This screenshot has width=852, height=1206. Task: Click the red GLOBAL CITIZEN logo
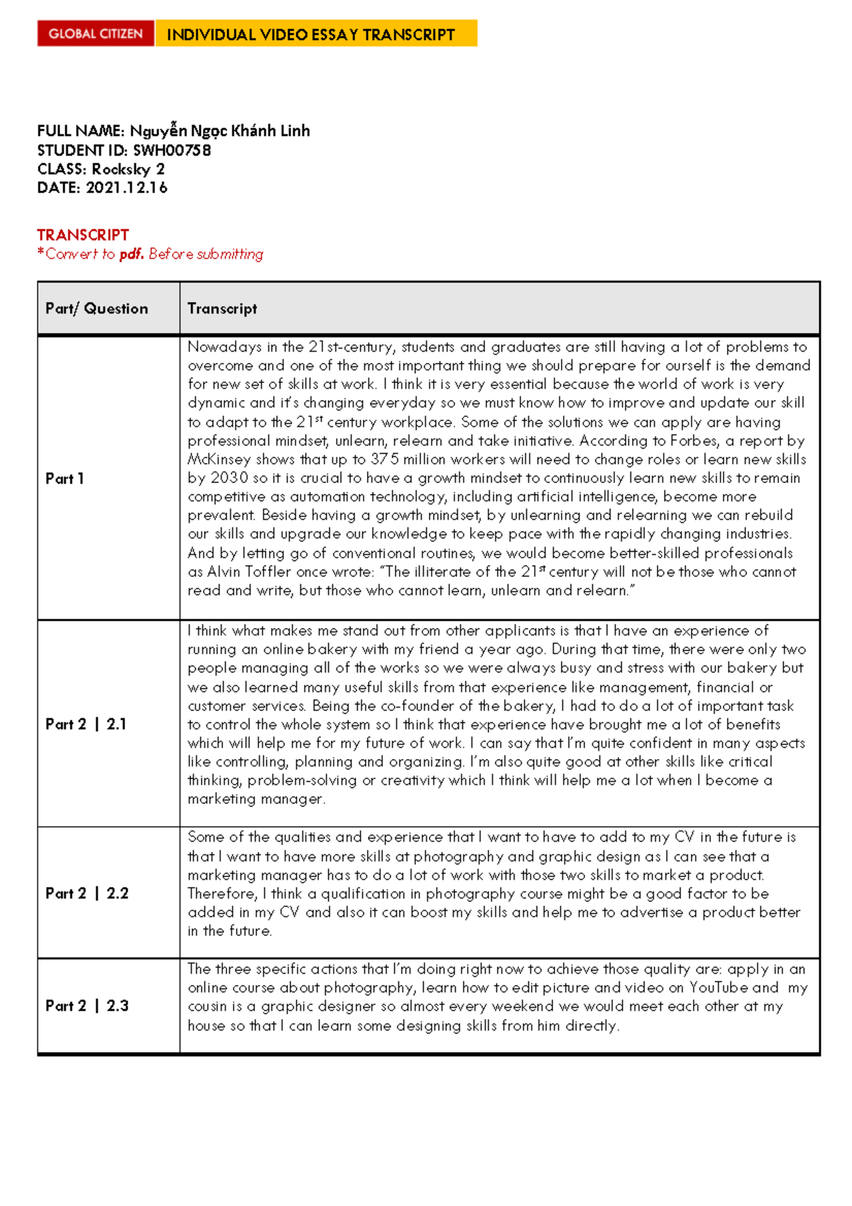[95, 34]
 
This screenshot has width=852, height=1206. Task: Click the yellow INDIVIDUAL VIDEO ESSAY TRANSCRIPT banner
[315, 34]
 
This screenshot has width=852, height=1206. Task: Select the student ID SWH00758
[172, 151]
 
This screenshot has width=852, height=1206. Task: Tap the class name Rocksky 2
[129, 169]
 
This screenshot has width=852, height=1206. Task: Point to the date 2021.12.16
[126, 188]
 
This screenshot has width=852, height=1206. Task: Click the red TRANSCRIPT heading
[83, 235]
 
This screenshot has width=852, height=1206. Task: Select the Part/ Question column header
[97, 308]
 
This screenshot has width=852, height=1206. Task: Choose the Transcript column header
[222, 308]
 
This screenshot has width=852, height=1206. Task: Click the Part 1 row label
[65, 479]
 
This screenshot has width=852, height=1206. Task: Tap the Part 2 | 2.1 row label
[86, 724]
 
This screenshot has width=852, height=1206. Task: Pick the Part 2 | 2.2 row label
[87, 893]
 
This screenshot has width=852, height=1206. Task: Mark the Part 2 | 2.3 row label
[87, 1006]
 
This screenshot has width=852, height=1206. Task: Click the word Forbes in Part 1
[694, 440]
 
